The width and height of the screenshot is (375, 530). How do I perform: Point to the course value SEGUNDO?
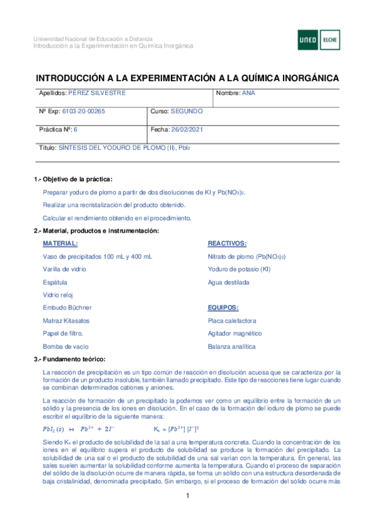click(187, 111)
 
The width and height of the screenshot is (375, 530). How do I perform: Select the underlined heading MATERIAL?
click(60, 244)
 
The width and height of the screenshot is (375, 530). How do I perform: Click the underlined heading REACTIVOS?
click(227, 244)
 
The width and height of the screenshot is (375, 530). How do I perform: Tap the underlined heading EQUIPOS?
click(223, 307)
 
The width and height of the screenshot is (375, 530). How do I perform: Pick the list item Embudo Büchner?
click(67, 307)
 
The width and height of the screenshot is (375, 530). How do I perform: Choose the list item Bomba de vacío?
click(65, 346)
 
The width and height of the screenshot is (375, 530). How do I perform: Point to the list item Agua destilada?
click(228, 282)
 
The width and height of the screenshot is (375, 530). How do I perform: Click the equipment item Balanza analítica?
click(232, 346)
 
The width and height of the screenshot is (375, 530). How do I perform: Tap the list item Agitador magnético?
click(235, 333)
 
